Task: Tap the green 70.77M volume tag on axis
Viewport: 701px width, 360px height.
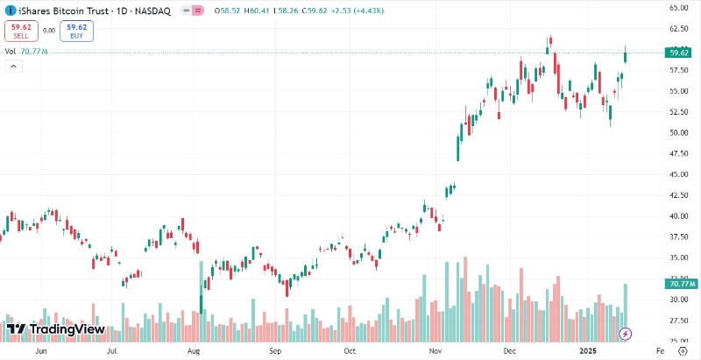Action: tap(680, 285)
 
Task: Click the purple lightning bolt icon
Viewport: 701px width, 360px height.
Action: tap(625, 333)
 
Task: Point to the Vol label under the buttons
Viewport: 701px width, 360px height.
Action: tap(11, 52)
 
